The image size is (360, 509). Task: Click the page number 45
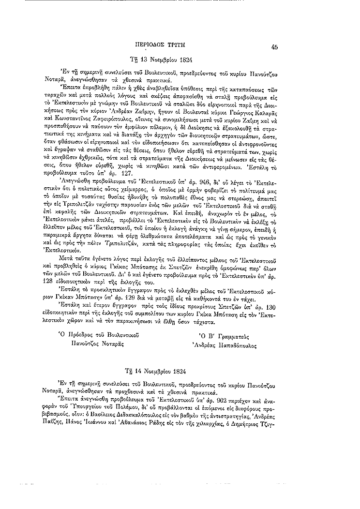tap(275, 47)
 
